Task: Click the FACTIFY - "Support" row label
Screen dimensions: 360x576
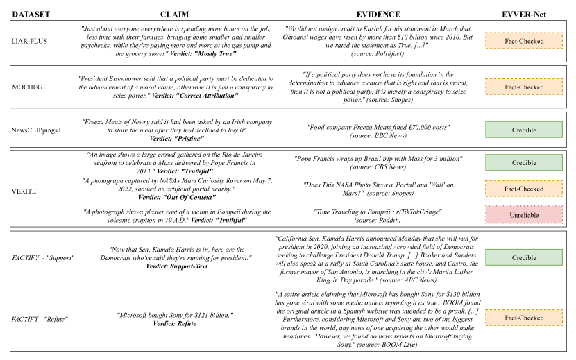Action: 42,257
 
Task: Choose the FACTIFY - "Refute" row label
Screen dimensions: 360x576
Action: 40,318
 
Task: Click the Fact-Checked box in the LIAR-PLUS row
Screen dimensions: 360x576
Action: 524,42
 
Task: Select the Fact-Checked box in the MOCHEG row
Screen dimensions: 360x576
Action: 524,87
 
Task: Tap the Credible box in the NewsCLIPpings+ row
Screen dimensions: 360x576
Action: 524,129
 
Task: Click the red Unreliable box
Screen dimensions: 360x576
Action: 524,215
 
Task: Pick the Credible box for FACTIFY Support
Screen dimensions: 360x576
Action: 524,257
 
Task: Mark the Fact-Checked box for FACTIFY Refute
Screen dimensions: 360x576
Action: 524,318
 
